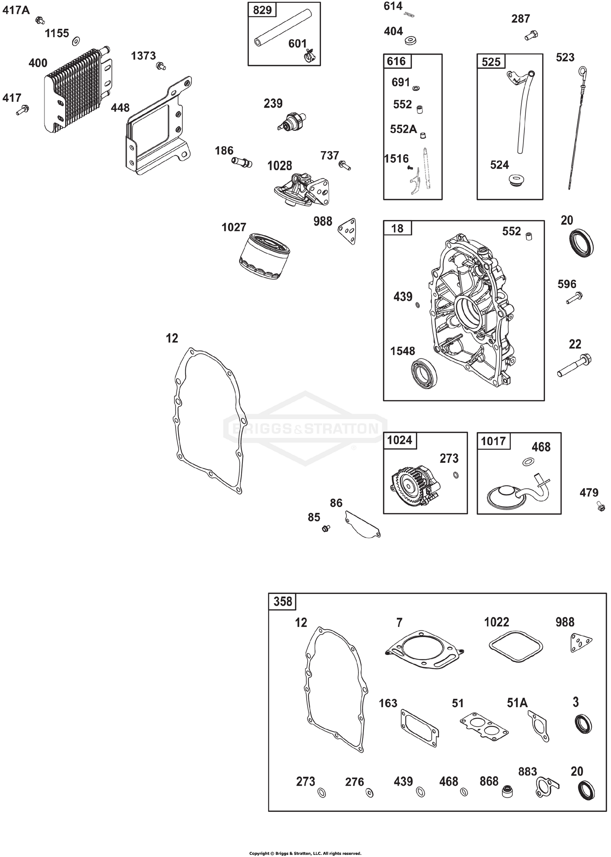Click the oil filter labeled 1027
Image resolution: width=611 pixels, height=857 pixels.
click(264, 256)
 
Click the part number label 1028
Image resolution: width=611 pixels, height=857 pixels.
click(279, 166)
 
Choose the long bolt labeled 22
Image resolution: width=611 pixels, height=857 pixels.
click(574, 365)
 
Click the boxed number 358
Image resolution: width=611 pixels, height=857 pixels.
click(283, 602)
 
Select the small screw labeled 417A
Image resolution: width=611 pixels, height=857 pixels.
click(40, 20)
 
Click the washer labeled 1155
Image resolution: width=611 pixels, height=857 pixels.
click(76, 41)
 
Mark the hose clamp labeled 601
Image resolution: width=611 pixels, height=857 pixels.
click(311, 56)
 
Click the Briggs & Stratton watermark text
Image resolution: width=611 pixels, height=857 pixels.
click(305, 428)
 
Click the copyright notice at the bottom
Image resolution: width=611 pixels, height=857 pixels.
click(305, 850)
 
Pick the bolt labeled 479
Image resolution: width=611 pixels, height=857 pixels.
click(601, 507)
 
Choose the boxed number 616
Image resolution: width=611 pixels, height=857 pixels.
click(396, 62)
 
